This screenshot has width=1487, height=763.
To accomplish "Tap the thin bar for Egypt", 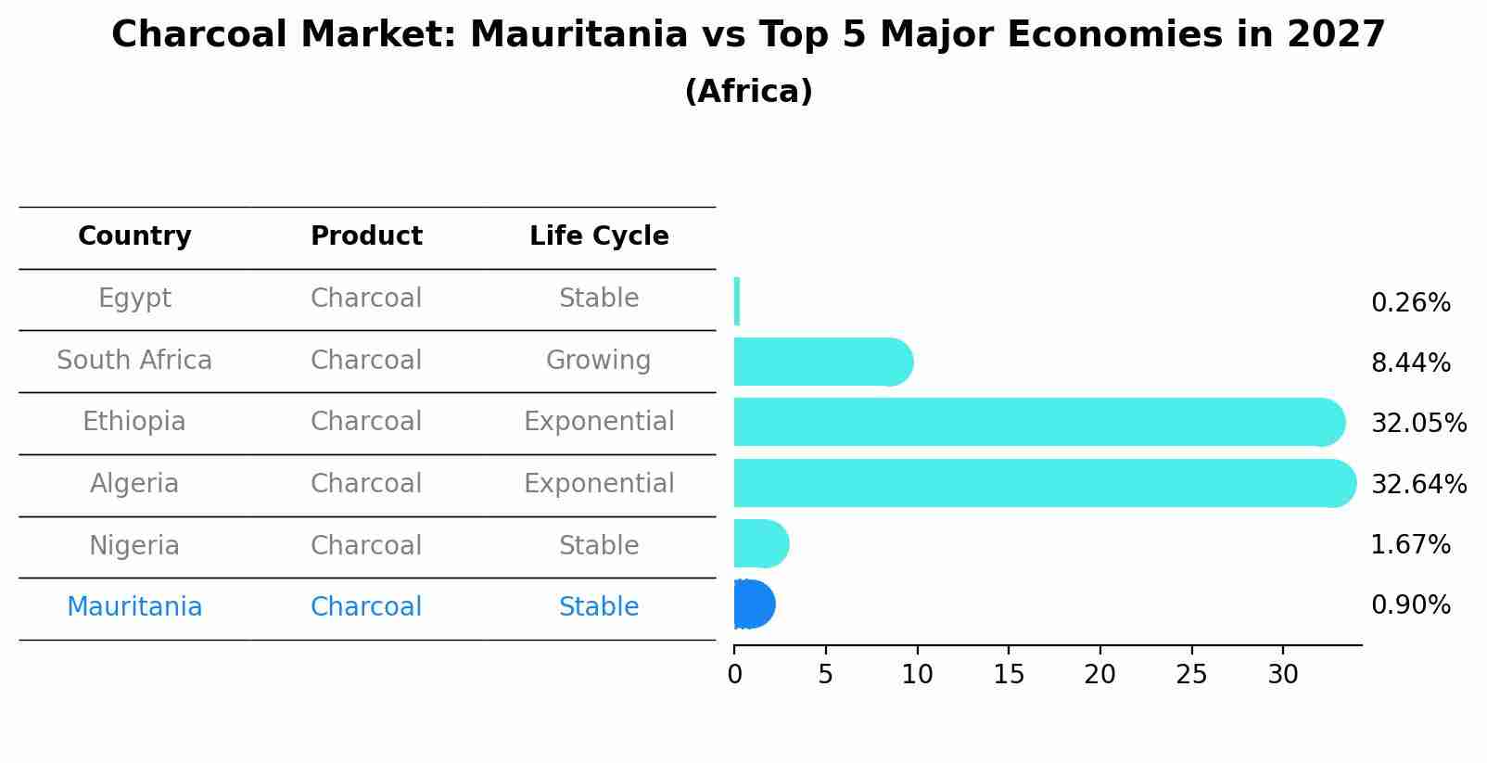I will tap(737, 301).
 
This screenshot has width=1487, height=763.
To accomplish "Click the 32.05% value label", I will tap(1418, 424).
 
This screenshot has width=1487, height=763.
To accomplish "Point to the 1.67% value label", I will tap(1410, 545).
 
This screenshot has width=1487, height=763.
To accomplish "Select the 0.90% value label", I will tap(1410, 605).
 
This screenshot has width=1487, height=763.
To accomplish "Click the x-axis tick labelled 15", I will tap(1009, 675).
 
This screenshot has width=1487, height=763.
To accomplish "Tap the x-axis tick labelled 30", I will tap(1283, 675).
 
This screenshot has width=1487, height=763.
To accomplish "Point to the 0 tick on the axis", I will tap(735, 675).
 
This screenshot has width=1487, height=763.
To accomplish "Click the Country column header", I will tap(134, 236).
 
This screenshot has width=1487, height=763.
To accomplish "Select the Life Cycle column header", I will tap(599, 236).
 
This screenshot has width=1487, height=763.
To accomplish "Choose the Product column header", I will tap(366, 236).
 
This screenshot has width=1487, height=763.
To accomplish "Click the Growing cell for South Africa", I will tap(599, 361).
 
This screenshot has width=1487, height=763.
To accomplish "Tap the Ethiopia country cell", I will tap(134, 422).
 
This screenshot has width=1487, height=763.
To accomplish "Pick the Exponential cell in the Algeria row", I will tap(599, 484).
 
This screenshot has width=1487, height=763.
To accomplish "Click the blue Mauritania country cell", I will tap(134, 607).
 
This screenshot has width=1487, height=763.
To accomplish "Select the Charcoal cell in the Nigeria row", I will tap(366, 546).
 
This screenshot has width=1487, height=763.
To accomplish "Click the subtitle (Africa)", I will tap(748, 92).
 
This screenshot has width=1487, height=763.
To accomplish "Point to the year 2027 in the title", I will tap(1336, 35).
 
